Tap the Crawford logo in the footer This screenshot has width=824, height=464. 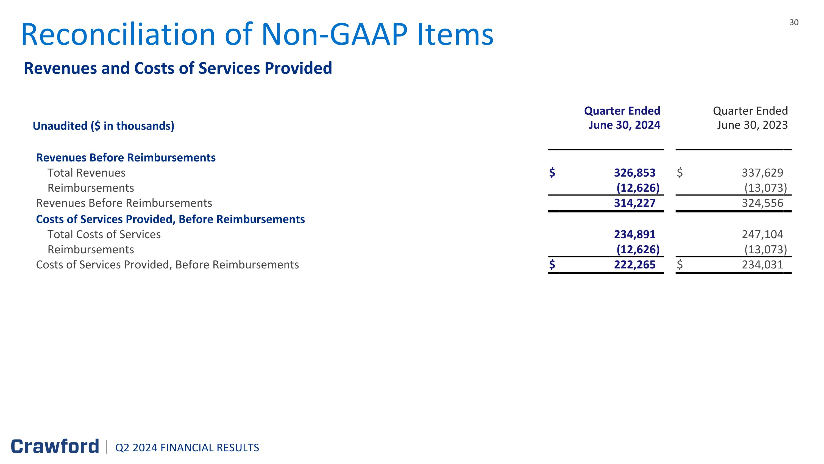[x=55, y=446]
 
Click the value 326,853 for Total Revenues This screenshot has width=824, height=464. [x=635, y=173]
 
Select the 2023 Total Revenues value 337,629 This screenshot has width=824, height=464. [x=762, y=173]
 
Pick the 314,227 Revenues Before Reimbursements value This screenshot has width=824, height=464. [x=635, y=203]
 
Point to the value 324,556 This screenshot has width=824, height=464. [x=762, y=203]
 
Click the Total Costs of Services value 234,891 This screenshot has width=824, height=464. [x=635, y=234]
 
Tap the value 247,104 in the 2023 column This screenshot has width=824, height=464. [x=762, y=234]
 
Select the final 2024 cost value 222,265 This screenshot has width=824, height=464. [x=635, y=265]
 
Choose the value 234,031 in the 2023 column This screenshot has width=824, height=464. [x=762, y=265]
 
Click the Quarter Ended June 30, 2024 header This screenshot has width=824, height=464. [x=622, y=118]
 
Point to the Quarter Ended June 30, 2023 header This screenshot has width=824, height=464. [x=750, y=118]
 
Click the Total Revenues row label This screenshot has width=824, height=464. [x=86, y=173]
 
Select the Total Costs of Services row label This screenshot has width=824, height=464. [x=104, y=234]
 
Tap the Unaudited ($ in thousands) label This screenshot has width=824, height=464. [x=103, y=126]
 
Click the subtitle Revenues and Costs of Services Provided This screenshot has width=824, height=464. [x=178, y=68]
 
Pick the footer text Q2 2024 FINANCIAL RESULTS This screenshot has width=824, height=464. [x=187, y=448]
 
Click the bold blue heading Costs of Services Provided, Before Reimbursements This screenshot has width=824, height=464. [x=170, y=219]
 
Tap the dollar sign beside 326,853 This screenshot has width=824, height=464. [x=552, y=173]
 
